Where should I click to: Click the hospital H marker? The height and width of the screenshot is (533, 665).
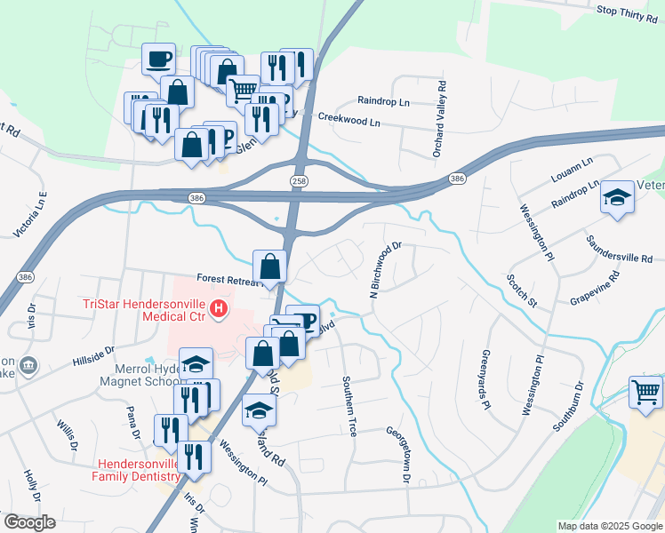[218, 310]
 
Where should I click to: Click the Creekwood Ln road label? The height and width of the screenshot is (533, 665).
[349, 118]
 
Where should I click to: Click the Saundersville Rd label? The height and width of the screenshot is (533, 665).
[619, 248]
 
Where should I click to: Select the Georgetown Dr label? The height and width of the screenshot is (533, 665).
[397, 455]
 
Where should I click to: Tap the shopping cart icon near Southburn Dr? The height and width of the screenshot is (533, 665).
[645, 391]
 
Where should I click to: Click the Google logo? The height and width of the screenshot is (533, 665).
[29, 522]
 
